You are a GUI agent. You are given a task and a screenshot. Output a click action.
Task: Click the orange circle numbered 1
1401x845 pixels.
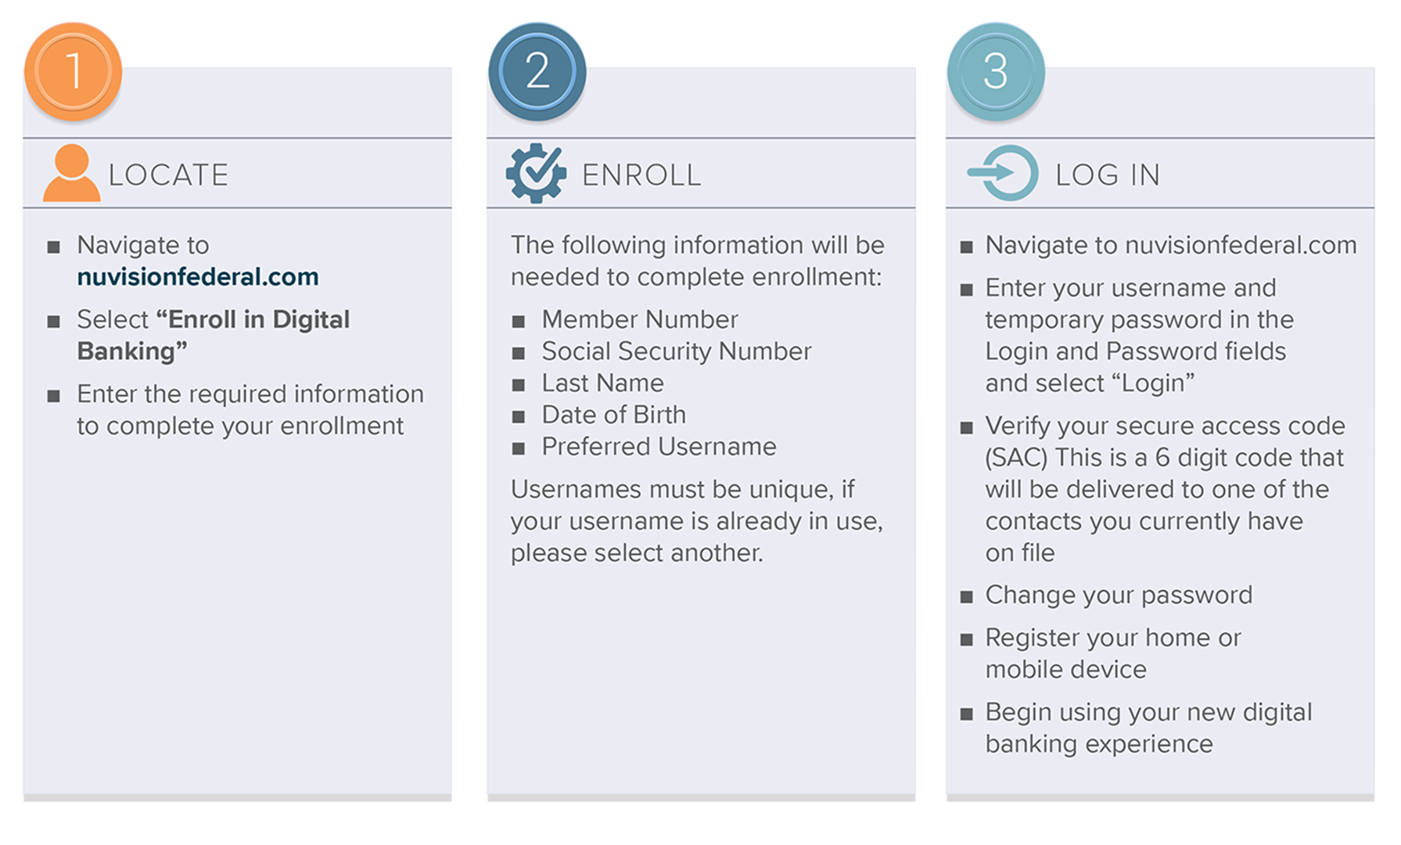(x=73, y=72)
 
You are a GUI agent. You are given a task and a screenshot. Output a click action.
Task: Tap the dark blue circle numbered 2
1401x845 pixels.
(x=537, y=72)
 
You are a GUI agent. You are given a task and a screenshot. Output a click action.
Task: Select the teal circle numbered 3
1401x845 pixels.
(x=995, y=72)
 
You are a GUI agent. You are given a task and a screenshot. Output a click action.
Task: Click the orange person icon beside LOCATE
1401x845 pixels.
(x=71, y=174)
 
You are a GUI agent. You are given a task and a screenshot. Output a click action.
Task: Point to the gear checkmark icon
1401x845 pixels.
(x=536, y=174)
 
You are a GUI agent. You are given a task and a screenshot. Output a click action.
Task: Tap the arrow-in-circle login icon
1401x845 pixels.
(x=1004, y=174)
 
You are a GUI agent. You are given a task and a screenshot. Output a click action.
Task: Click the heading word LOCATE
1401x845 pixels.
(x=168, y=175)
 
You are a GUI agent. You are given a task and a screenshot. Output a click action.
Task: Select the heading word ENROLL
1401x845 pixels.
(x=641, y=175)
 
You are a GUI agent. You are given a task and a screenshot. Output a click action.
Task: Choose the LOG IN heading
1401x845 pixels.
(x=1107, y=175)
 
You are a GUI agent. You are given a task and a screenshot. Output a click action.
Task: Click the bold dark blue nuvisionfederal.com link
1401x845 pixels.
(x=198, y=277)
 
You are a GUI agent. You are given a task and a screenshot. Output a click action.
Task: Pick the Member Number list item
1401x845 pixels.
(x=639, y=319)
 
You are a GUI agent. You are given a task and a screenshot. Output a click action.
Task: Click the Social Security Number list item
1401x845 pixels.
(x=676, y=351)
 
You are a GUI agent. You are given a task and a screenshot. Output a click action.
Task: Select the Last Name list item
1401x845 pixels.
(x=602, y=383)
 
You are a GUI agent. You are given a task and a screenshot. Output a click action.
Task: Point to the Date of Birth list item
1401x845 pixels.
(x=613, y=415)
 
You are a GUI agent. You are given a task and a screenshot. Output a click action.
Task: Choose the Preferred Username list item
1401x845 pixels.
(x=659, y=447)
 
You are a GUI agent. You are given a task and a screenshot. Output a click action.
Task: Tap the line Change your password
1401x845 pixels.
(x=1118, y=595)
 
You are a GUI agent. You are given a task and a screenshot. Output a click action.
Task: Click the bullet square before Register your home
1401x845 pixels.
(x=967, y=640)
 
